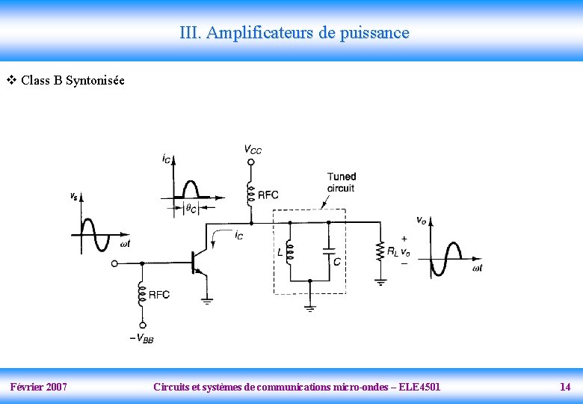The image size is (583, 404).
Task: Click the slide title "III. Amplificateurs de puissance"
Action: tap(294, 33)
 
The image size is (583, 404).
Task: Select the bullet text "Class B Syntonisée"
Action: tap(73, 80)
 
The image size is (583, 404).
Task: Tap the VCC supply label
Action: tap(253, 149)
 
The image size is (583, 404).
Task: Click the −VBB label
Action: tap(142, 338)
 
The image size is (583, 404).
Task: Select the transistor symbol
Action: tap(199, 262)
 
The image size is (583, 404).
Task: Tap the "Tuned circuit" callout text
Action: tap(341, 183)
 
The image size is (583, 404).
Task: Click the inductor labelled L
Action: tap(289, 253)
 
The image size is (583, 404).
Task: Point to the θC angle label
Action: tap(191, 209)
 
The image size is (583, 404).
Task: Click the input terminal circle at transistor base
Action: tap(114, 263)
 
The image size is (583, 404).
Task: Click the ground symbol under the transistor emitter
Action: tap(206, 301)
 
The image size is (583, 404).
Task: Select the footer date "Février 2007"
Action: tap(39, 387)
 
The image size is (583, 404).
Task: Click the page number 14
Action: tap(565, 387)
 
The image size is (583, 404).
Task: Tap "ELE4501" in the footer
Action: tap(419, 387)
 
